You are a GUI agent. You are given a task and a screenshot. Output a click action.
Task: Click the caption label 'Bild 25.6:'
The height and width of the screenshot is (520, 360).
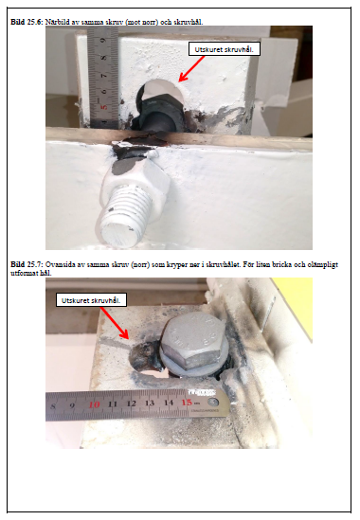click(27, 22)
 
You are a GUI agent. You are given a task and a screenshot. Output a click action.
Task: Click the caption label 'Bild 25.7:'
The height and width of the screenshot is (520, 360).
click(27, 264)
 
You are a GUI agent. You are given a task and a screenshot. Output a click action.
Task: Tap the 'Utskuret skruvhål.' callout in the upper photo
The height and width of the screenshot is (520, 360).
click(224, 49)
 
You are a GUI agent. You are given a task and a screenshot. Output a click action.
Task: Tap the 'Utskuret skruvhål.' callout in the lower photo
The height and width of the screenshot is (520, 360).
click(91, 300)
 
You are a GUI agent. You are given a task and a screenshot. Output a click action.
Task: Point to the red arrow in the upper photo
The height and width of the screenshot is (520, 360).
click(191, 68)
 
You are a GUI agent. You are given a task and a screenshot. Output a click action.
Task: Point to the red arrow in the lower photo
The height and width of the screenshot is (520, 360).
click(115, 323)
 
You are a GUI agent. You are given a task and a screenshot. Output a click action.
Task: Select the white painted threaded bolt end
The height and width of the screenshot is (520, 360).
click(124, 216)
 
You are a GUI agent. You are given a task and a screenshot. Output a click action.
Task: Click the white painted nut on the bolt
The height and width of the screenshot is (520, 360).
click(137, 186)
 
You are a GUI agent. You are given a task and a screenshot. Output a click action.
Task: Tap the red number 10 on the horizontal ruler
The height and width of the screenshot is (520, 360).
click(94, 404)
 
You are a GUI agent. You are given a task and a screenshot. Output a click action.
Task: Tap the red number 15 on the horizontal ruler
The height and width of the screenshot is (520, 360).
click(187, 403)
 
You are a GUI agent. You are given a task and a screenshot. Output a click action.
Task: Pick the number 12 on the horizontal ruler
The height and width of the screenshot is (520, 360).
click(131, 403)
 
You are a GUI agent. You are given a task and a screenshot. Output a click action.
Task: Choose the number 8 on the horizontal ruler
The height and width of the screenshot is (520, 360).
click(53, 406)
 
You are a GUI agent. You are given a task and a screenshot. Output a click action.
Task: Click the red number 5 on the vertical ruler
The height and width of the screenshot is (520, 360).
click(104, 108)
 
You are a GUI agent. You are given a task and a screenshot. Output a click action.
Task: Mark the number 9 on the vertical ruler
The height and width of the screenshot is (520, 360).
click(103, 41)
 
